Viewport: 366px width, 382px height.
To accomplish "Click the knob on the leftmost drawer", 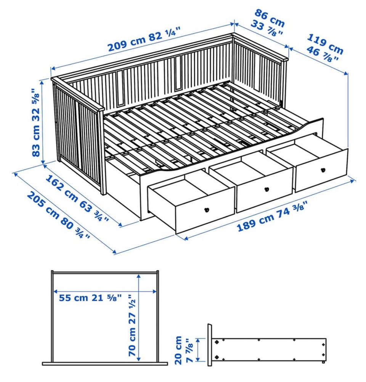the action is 207,209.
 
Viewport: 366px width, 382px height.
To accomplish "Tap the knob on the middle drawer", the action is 266,189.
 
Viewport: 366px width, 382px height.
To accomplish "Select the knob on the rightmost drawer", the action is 323,170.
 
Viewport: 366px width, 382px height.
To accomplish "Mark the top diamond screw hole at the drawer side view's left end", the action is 217,342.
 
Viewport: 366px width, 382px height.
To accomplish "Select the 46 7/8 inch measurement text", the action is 322,54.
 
